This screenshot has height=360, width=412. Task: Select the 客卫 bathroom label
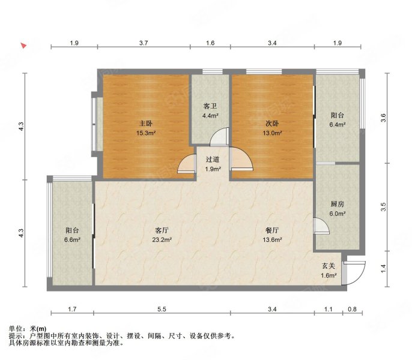[210, 106]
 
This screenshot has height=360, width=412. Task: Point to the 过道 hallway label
[213, 160]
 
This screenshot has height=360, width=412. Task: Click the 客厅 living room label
[161, 230]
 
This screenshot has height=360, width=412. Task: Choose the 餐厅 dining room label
[272, 230]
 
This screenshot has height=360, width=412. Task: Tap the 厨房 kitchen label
[338, 203]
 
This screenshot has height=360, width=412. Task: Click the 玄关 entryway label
[328, 266]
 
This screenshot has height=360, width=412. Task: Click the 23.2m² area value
[161, 240]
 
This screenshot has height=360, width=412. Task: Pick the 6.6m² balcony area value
[72, 240]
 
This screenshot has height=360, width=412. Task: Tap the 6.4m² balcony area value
[338, 125]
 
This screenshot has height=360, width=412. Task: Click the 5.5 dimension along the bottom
[162, 310]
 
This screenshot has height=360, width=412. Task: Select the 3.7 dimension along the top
[144, 43]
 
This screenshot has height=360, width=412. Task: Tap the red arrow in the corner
[23, 45]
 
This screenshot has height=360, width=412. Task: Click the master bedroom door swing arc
[187, 164]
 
